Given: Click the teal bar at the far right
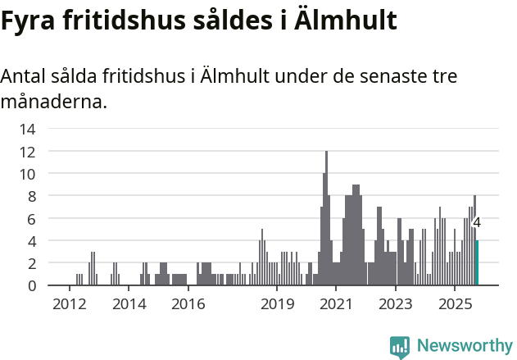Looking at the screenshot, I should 477,262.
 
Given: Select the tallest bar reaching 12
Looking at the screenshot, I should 326,218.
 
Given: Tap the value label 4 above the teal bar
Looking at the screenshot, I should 477,223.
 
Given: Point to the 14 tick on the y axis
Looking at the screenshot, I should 27,129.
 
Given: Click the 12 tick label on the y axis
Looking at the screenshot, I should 27,152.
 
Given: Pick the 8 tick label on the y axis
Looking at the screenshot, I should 30,196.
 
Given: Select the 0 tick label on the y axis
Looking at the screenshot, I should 30,285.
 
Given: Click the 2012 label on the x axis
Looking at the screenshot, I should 69,305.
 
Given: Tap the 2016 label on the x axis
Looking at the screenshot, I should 188,305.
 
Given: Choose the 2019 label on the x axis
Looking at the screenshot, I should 277,305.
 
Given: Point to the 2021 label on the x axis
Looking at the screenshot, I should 336,305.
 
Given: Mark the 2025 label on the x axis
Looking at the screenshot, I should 455,305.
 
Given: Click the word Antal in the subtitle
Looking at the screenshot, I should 23,77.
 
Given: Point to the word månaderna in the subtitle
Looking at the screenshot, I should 54,103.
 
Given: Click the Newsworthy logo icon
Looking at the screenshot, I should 400,347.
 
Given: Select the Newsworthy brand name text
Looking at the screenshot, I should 464,346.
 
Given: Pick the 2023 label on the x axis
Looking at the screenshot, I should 396,305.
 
